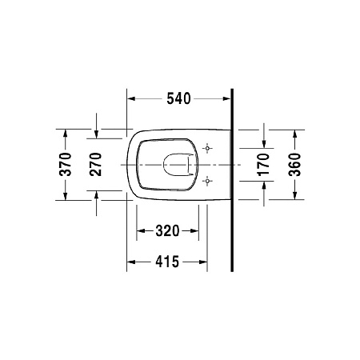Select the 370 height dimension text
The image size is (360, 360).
coord(66,164)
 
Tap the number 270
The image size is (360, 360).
coord(96,164)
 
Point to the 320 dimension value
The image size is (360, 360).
coord(166,231)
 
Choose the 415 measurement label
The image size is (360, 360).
coord(166,262)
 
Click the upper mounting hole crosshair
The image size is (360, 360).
coord(208,149)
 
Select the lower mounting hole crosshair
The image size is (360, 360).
coord(208,181)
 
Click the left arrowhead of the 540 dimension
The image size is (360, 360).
coord(133,99)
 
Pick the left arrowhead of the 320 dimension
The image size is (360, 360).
coord(142,231)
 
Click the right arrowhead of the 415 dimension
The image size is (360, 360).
coord(203,262)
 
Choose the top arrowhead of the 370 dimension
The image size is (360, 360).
coord(66,132)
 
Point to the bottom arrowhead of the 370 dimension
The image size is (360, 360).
coord(66,197)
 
